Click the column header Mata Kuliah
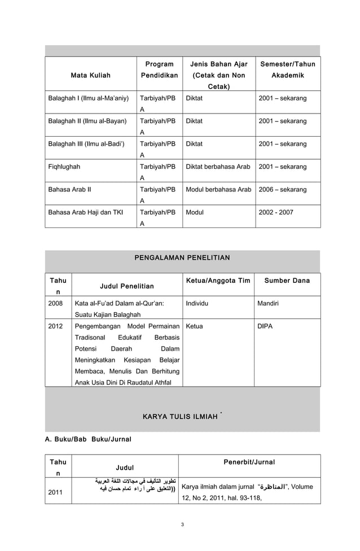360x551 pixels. point(90,75)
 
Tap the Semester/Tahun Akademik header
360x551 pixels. point(287,69)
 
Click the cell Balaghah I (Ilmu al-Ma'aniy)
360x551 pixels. point(88,98)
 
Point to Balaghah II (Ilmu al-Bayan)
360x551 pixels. point(87,121)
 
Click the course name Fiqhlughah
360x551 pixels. point(64,167)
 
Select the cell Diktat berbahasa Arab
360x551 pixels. point(218,167)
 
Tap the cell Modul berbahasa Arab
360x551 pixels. point(218,190)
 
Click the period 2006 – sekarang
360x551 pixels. point(282,190)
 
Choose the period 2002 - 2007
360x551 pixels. point(276,213)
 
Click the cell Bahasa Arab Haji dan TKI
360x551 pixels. point(85,213)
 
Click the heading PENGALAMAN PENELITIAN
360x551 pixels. point(182,258)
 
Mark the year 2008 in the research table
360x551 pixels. point(56,303)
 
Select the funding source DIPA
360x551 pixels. point(265,326)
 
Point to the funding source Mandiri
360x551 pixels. point(268,303)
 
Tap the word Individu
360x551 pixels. point(197,303)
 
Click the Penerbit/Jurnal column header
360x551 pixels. point(249,462)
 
